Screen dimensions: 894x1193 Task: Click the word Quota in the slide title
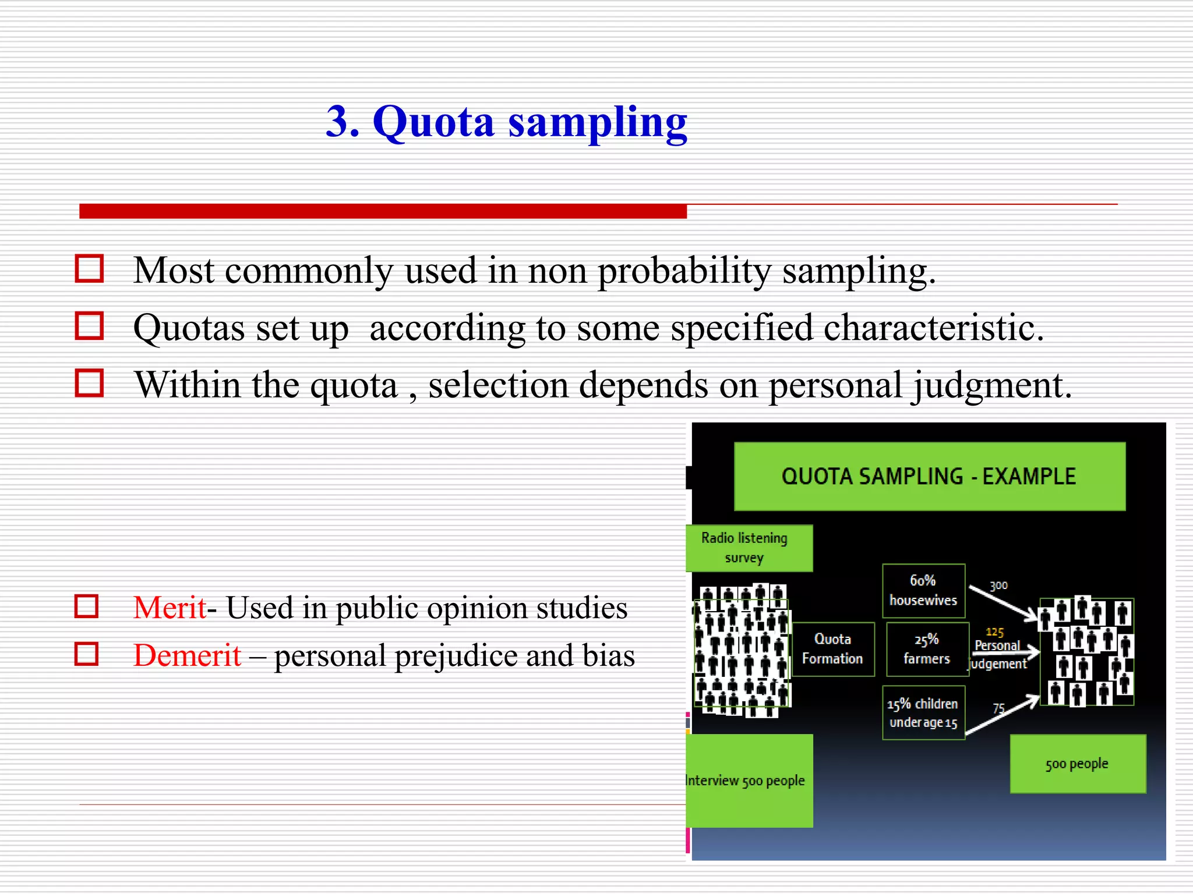click(x=433, y=122)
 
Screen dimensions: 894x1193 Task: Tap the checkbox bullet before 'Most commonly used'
click(x=89, y=269)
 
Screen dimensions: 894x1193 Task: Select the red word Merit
click(x=170, y=608)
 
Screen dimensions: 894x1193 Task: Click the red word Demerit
click(x=187, y=656)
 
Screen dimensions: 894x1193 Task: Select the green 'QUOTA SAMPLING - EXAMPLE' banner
click(x=929, y=477)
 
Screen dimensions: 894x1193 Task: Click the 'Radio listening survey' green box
click(x=749, y=548)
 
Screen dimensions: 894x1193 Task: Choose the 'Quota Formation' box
click(x=832, y=649)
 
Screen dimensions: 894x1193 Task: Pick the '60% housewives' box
click(x=923, y=590)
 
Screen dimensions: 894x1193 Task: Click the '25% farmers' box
click(x=927, y=649)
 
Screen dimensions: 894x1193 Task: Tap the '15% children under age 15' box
click(x=923, y=713)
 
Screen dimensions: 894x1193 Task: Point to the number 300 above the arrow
click(x=998, y=586)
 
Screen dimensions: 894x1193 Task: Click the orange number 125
click(x=994, y=632)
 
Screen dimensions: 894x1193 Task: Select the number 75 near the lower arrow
click(x=998, y=708)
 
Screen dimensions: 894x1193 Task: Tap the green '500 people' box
click(x=1077, y=764)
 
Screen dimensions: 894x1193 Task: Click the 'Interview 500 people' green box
click(x=749, y=781)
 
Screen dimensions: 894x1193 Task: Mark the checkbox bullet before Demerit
click(x=87, y=654)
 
